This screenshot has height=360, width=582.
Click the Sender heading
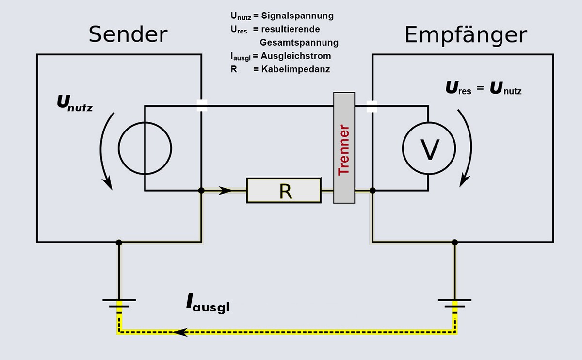[128, 35]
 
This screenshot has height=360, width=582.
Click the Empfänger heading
[466, 35]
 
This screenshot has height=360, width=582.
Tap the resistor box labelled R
[284, 191]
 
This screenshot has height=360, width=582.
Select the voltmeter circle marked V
[429, 148]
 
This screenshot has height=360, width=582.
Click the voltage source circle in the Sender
[145, 148]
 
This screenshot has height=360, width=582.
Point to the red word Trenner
[344, 150]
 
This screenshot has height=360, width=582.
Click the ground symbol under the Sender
[119, 303]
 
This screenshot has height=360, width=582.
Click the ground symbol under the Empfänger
[454, 303]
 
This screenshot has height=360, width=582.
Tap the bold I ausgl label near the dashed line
[208, 303]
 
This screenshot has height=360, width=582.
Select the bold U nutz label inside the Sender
[75, 102]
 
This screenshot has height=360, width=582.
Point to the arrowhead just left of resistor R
[226, 191]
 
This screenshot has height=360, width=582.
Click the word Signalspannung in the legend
[297, 16]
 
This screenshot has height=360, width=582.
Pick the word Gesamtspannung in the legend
[299, 43]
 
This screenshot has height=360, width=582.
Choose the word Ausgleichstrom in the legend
[296, 56]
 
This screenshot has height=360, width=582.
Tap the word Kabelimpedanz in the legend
[295, 69]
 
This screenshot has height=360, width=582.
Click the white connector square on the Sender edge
[202, 106]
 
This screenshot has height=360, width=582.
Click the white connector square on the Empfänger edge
[372, 106]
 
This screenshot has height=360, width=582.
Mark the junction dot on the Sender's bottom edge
[119, 242]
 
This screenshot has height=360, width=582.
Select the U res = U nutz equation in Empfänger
[484, 89]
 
